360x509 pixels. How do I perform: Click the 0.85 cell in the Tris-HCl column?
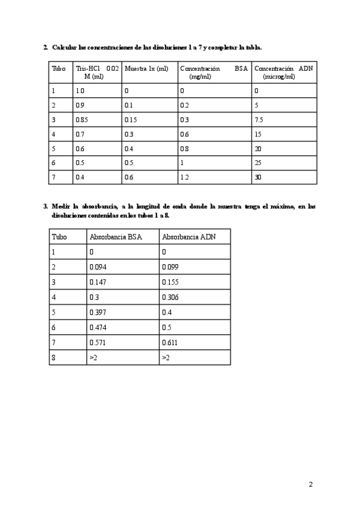click(82, 119)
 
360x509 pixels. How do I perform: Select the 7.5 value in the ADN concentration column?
click(259, 119)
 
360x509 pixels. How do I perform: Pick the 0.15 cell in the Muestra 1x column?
click(131, 119)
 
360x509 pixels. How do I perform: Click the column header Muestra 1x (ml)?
click(146, 69)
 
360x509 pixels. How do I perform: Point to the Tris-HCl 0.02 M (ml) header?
click(97, 73)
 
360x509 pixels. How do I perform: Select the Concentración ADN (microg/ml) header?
click(283, 73)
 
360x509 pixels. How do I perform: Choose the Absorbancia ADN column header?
click(188, 237)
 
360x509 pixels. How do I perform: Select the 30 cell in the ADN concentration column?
click(258, 177)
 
